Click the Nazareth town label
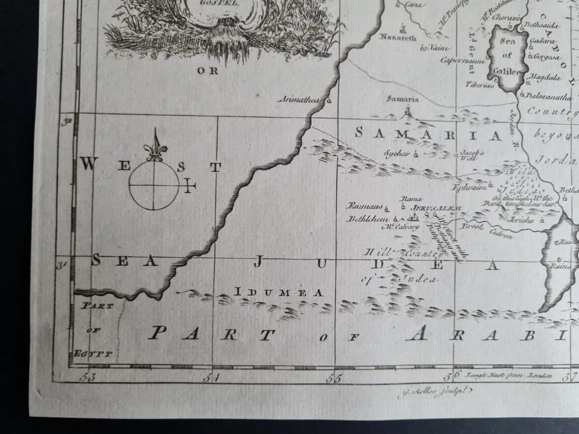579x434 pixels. pos(397,37)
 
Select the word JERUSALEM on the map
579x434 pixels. pos(436,208)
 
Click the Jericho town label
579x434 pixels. pos(522,220)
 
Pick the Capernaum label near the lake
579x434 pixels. pos(463,60)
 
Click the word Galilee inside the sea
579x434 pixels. pos(505,71)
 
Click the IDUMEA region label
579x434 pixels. pos(278,292)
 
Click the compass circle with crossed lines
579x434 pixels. pos(154,186)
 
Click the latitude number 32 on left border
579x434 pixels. pos(68,122)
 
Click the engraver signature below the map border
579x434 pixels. pos(428,394)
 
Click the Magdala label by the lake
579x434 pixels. pos(546,78)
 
